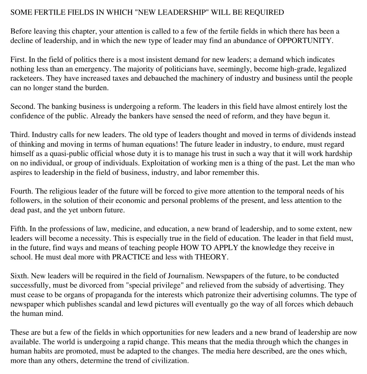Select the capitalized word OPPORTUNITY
tap(304, 41)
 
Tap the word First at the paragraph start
tap(18, 60)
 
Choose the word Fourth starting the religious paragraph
tap(22, 191)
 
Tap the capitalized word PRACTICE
tap(131, 257)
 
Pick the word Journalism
tap(185, 276)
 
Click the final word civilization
tap(170, 361)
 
